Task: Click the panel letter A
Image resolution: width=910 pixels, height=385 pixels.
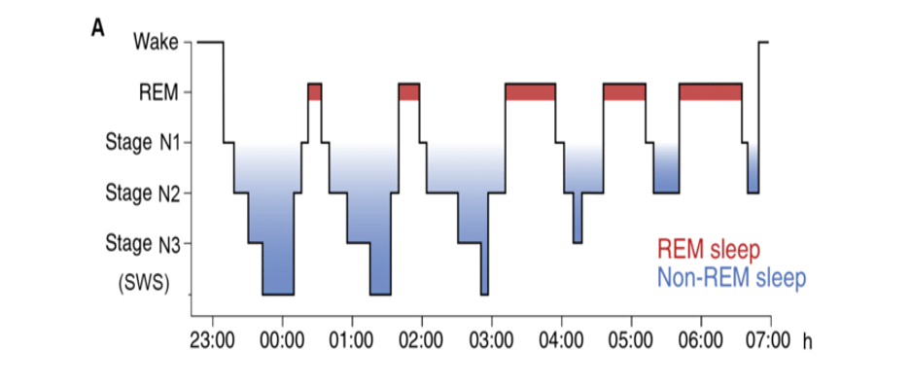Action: pyautogui.click(x=98, y=27)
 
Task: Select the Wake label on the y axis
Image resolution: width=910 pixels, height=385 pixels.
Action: pyautogui.click(x=157, y=43)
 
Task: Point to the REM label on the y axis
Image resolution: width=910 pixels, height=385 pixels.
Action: pyautogui.click(x=158, y=92)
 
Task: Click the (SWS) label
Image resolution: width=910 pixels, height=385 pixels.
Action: pyautogui.click(x=143, y=283)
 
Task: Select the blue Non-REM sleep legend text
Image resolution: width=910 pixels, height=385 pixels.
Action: pyautogui.click(x=731, y=278)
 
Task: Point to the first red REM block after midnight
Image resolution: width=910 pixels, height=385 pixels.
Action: pyautogui.click(x=314, y=91)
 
